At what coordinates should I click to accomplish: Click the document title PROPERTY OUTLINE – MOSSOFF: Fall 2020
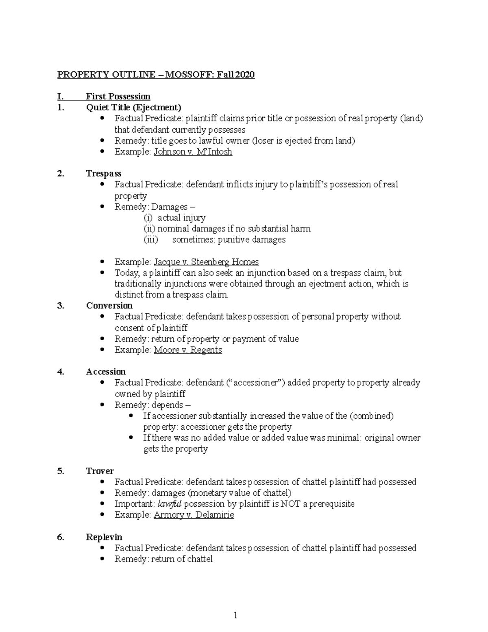[156, 74]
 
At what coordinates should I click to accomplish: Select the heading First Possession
[118, 96]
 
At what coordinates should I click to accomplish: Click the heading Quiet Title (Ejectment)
[133, 107]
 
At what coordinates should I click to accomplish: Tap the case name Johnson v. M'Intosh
[193, 152]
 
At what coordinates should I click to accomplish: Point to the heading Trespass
[103, 174]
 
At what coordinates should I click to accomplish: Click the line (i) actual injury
[175, 218]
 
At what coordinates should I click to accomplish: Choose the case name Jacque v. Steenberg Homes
[206, 262]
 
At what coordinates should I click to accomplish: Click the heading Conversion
[109, 306]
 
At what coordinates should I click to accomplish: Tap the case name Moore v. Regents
[187, 350]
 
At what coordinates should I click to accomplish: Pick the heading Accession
[106, 372]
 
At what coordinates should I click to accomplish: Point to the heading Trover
[100, 471]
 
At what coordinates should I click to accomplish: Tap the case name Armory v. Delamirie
[194, 515]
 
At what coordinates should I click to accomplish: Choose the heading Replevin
[104, 537]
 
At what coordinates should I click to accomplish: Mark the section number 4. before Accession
[61, 372]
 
